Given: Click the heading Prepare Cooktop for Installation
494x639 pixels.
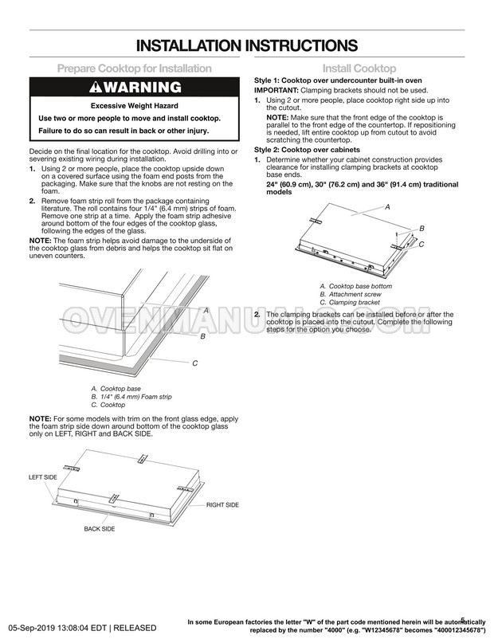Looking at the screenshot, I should [134, 69].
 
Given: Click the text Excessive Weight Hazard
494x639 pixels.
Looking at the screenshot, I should [134, 106].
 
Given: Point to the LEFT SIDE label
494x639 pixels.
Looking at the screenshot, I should [43, 477].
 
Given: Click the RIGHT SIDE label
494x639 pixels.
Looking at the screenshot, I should [222, 505].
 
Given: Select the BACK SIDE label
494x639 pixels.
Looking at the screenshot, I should [99, 529].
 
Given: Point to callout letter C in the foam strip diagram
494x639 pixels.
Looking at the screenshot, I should [195, 363].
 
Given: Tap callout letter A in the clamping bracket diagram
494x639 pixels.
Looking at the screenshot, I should [387, 207].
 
